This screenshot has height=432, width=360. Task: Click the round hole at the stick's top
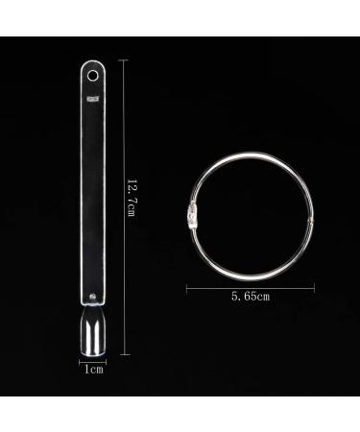tap(92, 73)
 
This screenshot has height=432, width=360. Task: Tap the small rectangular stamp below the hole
tap(92, 97)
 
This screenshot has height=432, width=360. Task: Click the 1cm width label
tap(92, 368)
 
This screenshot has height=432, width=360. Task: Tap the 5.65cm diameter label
tap(252, 296)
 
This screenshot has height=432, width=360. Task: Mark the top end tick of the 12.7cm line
tap(123, 60)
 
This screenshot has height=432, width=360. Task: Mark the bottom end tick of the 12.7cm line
tap(123, 353)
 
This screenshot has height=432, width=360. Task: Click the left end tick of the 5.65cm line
tap(185, 286)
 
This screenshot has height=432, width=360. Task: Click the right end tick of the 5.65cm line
tap(317, 286)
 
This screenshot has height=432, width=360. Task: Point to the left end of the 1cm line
tap(80, 360)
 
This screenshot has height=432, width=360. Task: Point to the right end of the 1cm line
tap(105, 360)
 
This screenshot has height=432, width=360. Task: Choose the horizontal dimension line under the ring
tap(252, 286)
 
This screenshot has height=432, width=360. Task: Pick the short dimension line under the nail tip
tap(92, 360)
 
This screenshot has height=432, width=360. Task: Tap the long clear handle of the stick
tap(92, 192)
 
